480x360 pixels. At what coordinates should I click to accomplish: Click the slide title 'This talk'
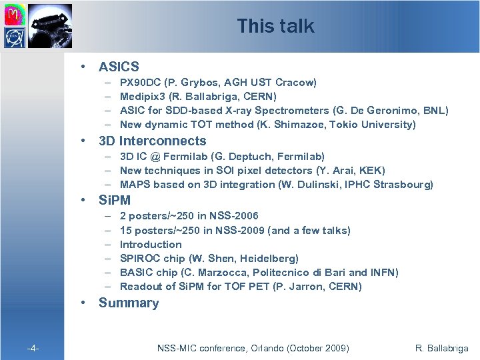[x=275, y=26]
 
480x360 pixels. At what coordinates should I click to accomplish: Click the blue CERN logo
[x=15, y=37]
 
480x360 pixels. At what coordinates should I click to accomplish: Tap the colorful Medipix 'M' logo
[x=15, y=13]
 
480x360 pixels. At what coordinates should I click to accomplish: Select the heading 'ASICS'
[x=119, y=67]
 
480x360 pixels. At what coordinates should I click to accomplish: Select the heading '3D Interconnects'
[x=152, y=141]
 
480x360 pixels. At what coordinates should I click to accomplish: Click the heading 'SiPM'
[x=115, y=200]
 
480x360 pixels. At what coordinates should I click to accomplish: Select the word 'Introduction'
[x=151, y=244]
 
